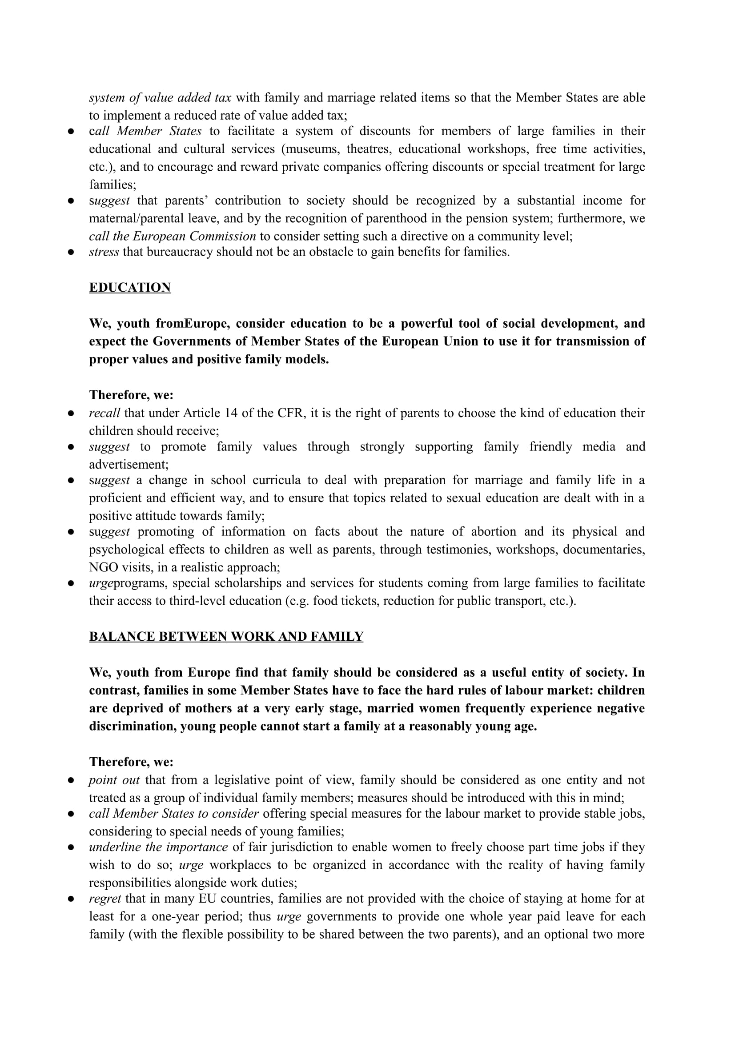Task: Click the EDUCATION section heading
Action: (129, 288)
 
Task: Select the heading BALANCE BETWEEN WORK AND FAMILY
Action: (226, 636)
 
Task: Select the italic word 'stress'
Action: (104, 252)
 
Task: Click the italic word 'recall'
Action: (104, 413)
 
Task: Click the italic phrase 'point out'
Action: (114, 780)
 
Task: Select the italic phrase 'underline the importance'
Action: (158, 847)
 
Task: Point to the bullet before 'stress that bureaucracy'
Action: (71, 252)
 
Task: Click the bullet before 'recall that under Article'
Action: (71, 414)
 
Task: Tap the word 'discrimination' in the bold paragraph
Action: (132, 726)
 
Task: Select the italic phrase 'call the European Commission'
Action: (172, 237)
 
